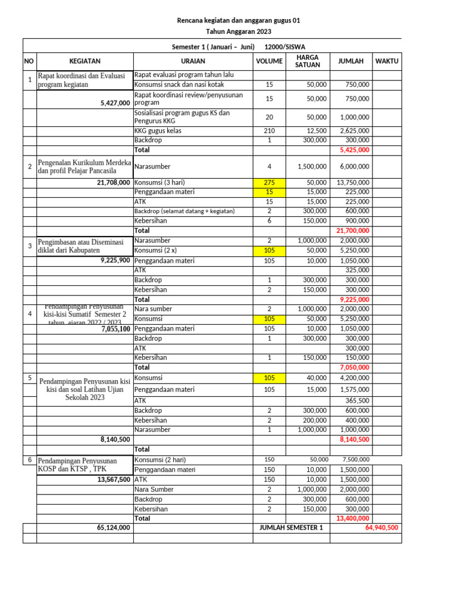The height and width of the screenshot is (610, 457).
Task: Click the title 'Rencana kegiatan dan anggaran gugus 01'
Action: (239, 21)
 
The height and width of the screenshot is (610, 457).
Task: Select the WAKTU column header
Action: (386, 61)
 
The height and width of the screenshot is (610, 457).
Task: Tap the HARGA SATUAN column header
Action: (307, 61)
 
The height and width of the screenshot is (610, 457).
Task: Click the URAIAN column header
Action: (193, 61)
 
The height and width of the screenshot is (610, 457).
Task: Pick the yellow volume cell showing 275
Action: (269, 182)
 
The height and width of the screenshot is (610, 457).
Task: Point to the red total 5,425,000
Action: (354, 150)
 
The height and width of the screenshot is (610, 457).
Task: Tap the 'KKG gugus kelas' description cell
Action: (158, 130)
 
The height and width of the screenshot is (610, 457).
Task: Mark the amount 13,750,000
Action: (353, 182)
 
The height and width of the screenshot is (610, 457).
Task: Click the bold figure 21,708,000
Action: (113, 182)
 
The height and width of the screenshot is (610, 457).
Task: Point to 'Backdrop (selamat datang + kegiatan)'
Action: (184, 211)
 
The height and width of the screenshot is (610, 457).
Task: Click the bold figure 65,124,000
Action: (113, 528)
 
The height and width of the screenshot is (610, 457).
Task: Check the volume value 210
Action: (269, 130)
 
